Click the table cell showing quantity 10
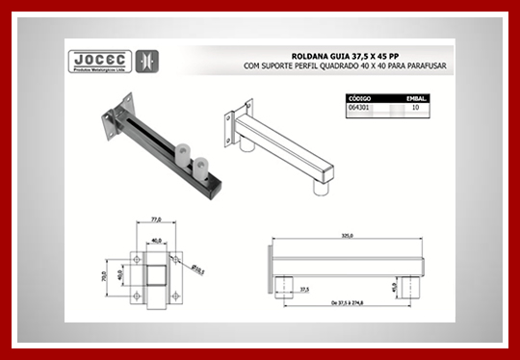[x=415, y=109]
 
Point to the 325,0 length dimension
[x=347, y=235]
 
